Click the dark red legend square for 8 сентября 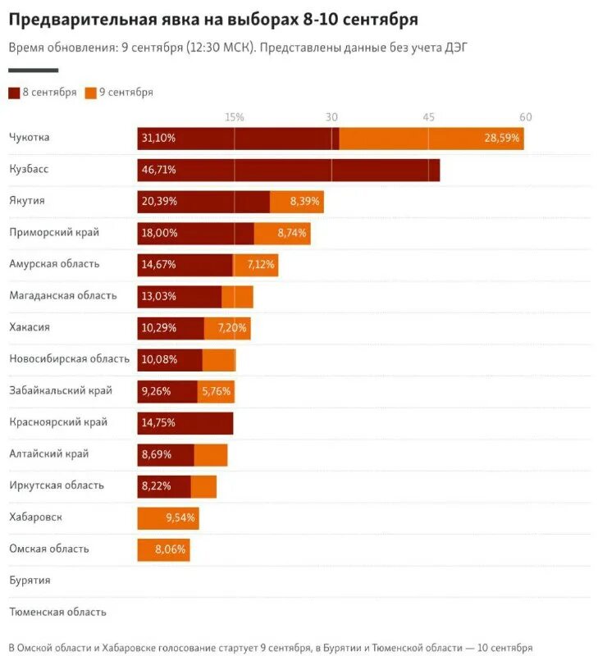point(14,93)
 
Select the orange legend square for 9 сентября point(90,93)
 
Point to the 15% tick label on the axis point(234,117)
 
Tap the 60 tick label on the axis point(525,117)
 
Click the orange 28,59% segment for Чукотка point(431,138)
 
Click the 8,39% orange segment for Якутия point(296,201)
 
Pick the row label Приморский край point(54,232)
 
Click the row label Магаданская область point(63,295)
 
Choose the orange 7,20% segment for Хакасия point(227,327)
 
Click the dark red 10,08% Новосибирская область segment point(169,359)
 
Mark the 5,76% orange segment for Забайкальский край point(216,391)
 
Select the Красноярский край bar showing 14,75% point(185,423)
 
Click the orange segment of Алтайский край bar point(211,454)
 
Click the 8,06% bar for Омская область point(163,549)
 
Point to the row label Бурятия point(30,580)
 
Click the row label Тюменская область point(57,612)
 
